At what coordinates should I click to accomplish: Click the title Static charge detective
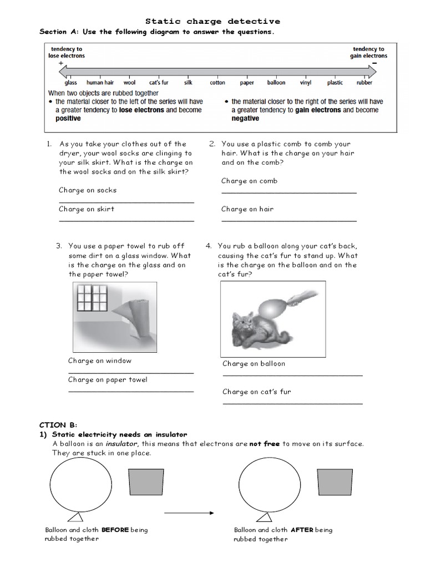[212, 21]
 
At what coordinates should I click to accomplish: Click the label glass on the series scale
[70, 83]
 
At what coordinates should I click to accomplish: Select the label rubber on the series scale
[364, 83]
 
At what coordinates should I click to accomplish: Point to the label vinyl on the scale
[306, 83]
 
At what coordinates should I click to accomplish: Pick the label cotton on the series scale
[217, 83]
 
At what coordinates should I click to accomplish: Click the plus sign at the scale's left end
[60, 63]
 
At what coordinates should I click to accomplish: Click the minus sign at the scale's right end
[374, 63]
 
